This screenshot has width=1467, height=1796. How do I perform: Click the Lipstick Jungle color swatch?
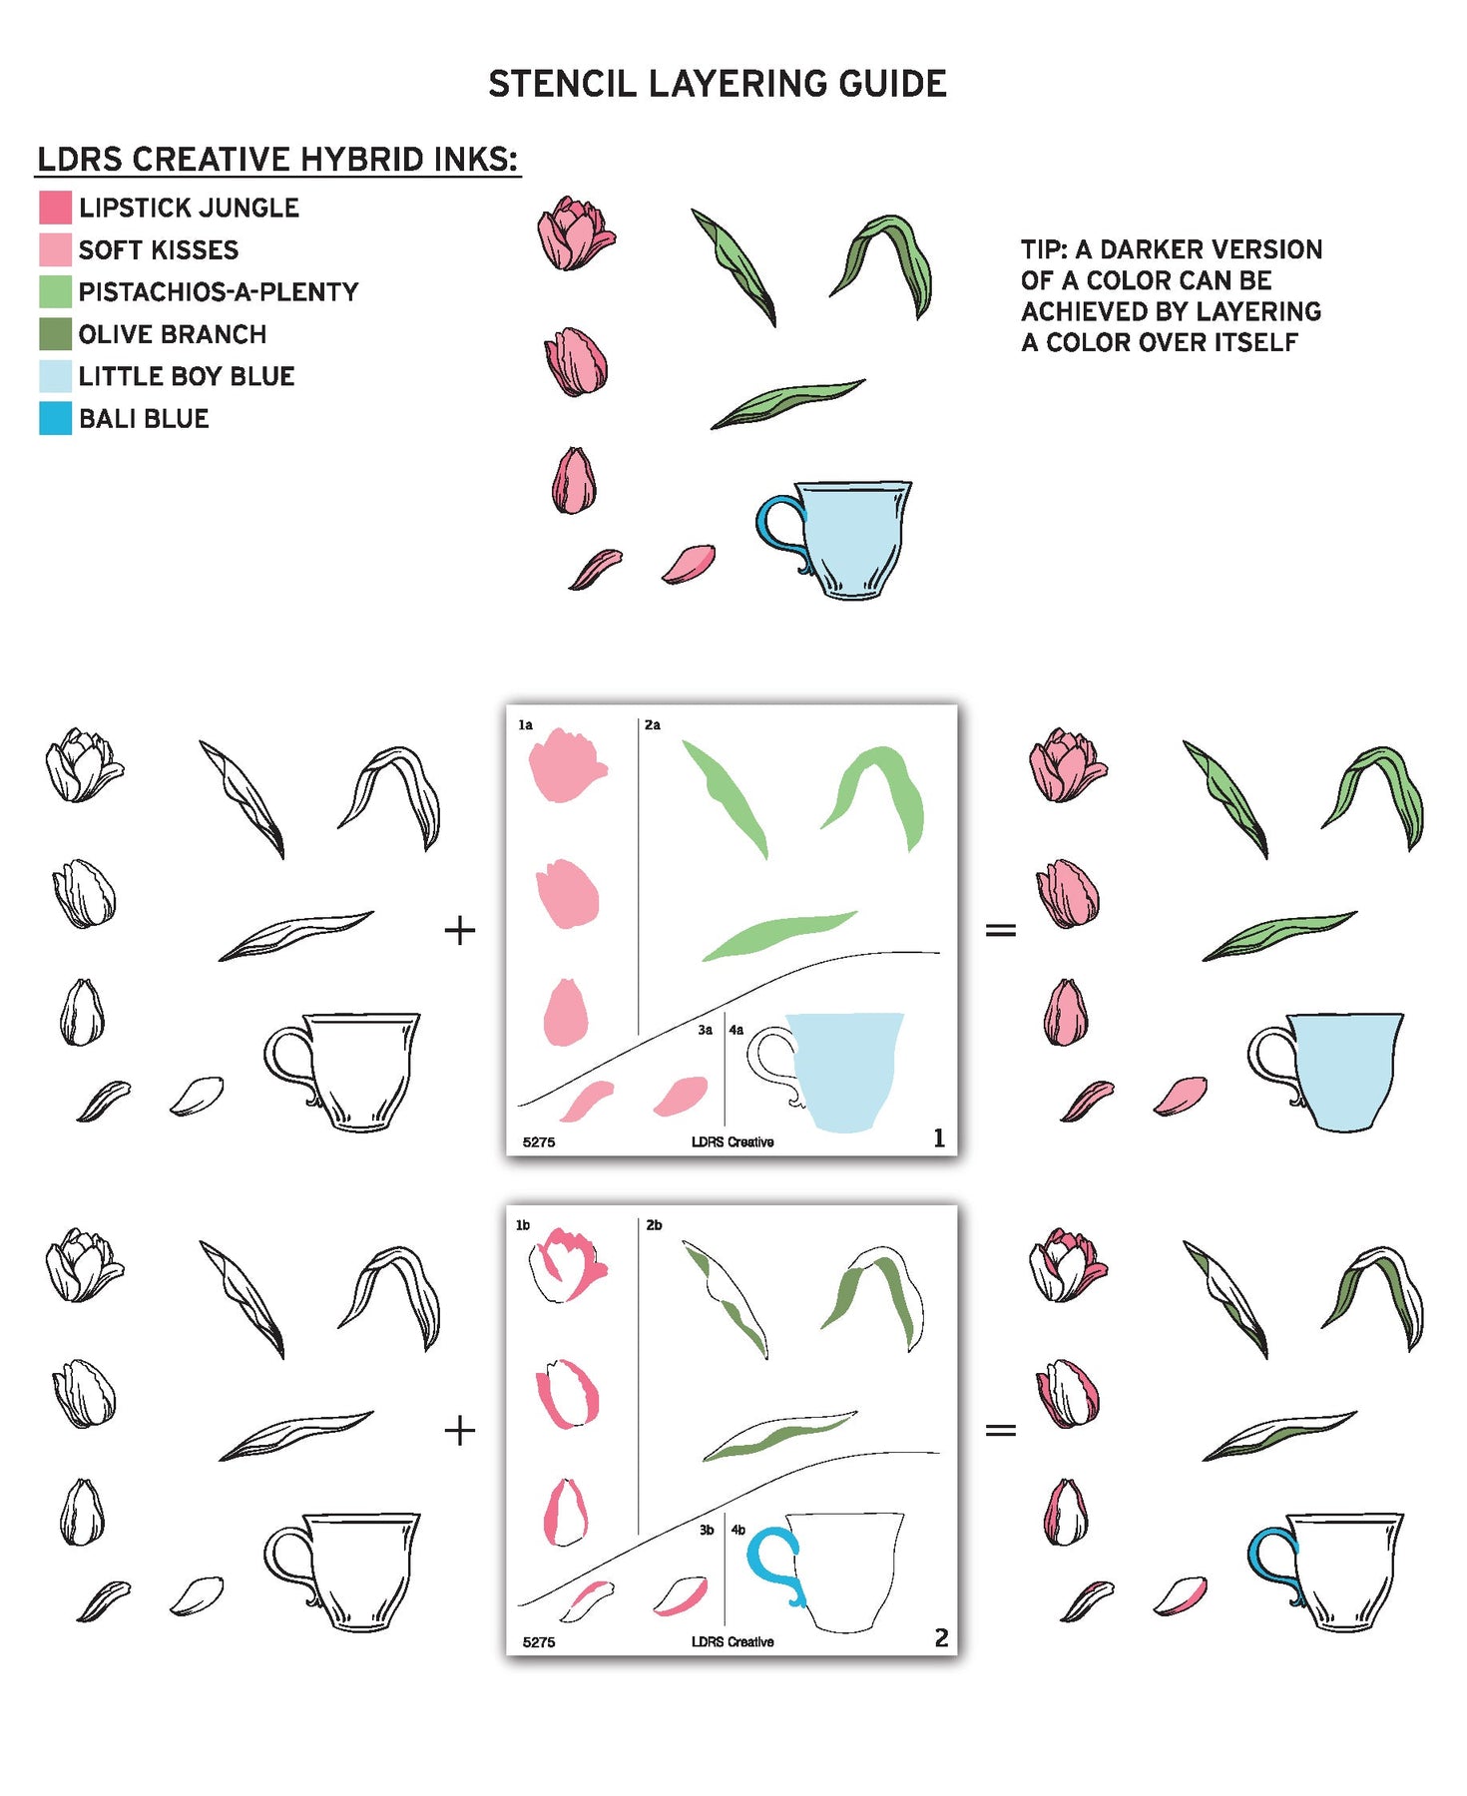point(55,208)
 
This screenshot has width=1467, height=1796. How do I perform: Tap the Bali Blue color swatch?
point(55,418)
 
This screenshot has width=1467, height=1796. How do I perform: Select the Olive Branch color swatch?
point(55,334)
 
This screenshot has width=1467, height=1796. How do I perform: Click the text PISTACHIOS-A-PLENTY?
point(219,292)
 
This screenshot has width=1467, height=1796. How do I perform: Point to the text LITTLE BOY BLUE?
point(187,376)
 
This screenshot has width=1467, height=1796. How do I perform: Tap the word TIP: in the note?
point(1044,249)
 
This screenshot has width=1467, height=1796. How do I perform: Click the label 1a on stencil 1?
point(526,725)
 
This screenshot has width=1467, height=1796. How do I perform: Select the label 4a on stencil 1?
point(736,1030)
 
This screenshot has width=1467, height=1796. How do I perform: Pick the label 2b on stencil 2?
point(654,1224)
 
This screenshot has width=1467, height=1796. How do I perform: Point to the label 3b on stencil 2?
point(707,1530)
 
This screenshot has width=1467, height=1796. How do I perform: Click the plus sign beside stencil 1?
point(459,931)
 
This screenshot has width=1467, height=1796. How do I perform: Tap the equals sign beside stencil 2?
point(1001,1430)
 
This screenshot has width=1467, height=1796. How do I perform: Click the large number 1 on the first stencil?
point(938,1137)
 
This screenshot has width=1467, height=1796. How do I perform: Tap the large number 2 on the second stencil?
point(941,1637)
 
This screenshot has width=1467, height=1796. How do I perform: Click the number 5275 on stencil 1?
point(539,1142)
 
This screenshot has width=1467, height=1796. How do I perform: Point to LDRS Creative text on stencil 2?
point(733,1641)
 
